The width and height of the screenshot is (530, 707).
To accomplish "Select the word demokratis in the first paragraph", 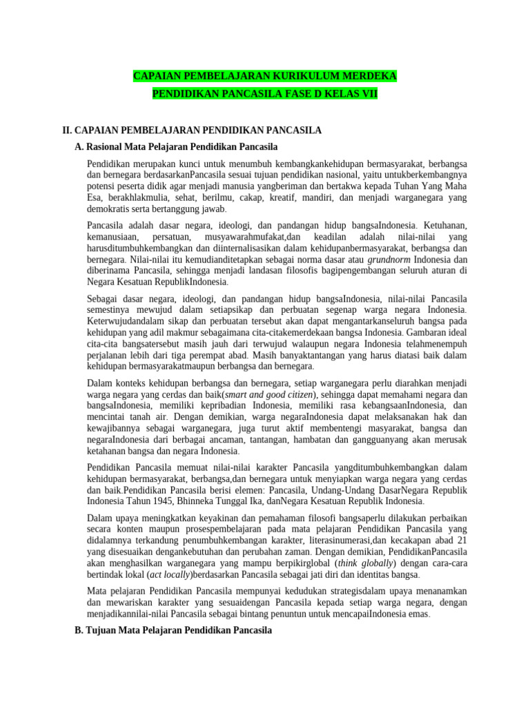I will (111, 209).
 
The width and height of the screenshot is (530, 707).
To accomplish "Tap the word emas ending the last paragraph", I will (418, 613).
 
